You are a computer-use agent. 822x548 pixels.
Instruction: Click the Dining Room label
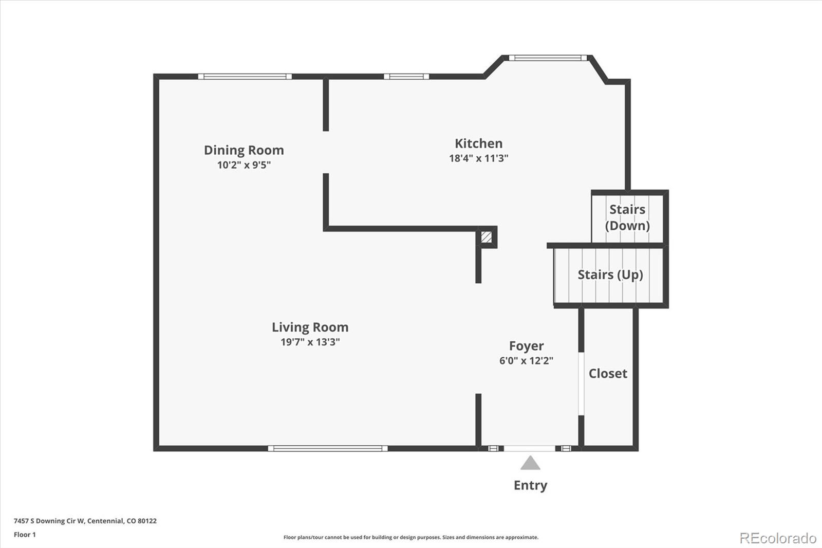tap(244, 150)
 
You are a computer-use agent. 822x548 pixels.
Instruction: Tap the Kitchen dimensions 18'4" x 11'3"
tap(478, 158)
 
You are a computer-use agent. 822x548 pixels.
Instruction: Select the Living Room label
tap(310, 327)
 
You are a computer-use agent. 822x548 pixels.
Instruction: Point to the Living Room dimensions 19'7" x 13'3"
tap(310, 342)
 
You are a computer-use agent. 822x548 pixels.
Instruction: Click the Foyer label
tap(526, 346)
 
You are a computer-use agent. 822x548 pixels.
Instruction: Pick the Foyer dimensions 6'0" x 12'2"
tap(526, 361)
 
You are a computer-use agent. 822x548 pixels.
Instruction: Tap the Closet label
tap(608, 374)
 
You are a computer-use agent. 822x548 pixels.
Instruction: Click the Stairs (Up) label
tap(610, 275)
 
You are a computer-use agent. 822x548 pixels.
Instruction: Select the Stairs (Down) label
tap(627, 217)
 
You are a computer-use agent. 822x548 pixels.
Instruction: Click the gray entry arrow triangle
tap(530, 464)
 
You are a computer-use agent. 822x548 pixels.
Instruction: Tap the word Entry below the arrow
tap(530, 485)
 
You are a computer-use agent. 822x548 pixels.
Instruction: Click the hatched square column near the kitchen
tap(486, 238)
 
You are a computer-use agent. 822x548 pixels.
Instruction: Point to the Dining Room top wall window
tap(245, 77)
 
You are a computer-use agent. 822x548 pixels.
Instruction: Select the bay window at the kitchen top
tap(548, 58)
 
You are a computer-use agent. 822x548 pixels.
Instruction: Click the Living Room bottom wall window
tap(328, 448)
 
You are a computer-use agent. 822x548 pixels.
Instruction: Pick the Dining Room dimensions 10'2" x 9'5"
tap(244, 165)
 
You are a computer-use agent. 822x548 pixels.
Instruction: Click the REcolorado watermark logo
tap(777, 538)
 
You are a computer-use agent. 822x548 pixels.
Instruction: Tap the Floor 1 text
tap(25, 535)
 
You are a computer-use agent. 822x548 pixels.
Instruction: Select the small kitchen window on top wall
tap(406, 77)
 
